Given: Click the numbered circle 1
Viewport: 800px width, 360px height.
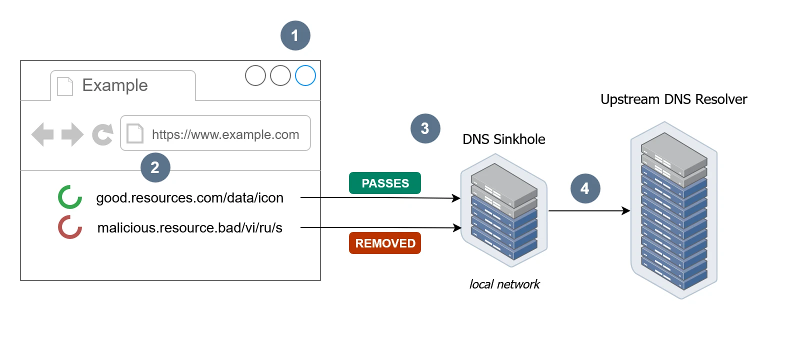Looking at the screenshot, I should pyautogui.click(x=295, y=35).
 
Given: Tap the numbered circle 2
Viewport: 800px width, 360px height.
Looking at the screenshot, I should pyautogui.click(x=155, y=167).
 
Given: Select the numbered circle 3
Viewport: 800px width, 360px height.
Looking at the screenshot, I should pyautogui.click(x=425, y=128).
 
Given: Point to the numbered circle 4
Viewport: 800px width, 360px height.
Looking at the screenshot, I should pyautogui.click(x=585, y=188).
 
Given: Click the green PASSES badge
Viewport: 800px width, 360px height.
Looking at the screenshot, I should pyautogui.click(x=385, y=183).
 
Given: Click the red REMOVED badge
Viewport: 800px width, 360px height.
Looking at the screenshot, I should pyautogui.click(x=385, y=243).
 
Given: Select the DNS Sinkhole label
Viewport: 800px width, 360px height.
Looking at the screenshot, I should pyautogui.click(x=503, y=139).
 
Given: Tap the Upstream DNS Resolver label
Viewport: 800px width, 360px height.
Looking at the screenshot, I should pyautogui.click(x=673, y=99).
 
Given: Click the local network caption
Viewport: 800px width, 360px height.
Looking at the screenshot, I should pyautogui.click(x=504, y=284).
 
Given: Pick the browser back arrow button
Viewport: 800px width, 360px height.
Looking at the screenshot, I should pyautogui.click(x=42, y=134).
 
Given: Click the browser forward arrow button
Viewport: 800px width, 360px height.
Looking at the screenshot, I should pyautogui.click(x=72, y=134).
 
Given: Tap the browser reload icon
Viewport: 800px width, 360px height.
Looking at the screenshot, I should pyautogui.click(x=102, y=134).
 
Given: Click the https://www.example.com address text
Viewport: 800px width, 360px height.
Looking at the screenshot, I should pyautogui.click(x=225, y=134).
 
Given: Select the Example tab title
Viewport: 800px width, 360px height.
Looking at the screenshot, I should pyautogui.click(x=115, y=85).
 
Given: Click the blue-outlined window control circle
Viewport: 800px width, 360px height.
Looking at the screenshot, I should pyautogui.click(x=305, y=75).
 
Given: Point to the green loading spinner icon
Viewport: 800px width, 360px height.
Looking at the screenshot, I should pyautogui.click(x=69, y=197).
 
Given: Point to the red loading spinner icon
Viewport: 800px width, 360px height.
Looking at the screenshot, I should pyautogui.click(x=69, y=227).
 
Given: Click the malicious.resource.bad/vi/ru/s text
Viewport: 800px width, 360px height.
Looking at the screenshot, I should pyautogui.click(x=189, y=228).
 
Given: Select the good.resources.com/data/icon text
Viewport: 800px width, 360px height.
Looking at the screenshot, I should pyautogui.click(x=189, y=198).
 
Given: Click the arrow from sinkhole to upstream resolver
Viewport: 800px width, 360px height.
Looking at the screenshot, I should pyautogui.click(x=588, y=210).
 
